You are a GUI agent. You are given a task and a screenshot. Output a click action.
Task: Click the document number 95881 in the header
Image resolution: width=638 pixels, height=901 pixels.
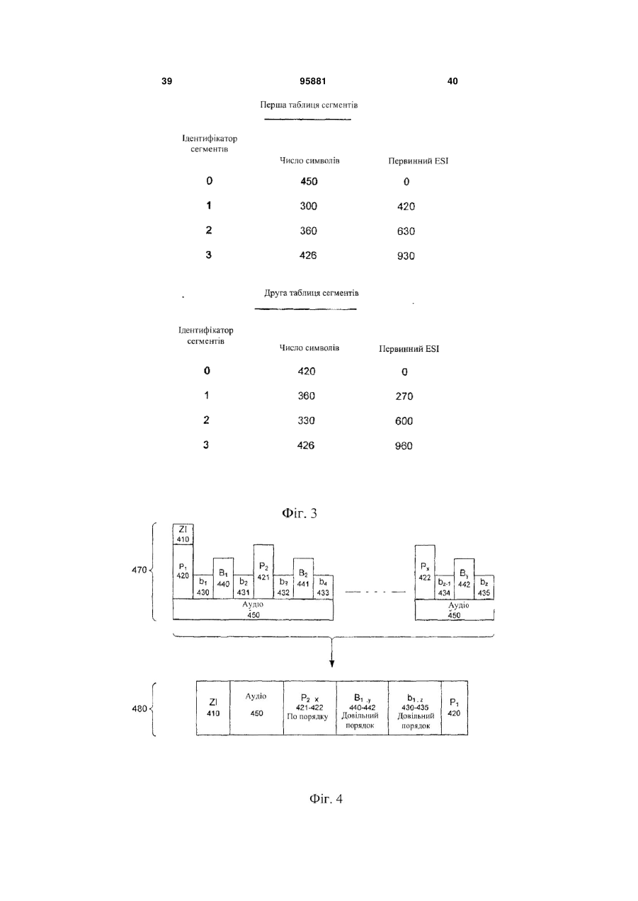point(313,81)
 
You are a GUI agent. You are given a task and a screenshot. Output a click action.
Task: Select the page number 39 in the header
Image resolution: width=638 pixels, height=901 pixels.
point(166,81)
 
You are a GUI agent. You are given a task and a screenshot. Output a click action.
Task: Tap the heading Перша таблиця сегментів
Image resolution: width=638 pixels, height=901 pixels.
point(309,105)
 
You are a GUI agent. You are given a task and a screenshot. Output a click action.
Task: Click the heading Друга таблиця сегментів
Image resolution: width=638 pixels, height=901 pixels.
point(311,293)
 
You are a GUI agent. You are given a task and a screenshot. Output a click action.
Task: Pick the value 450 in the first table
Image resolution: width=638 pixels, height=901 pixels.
point(309,181)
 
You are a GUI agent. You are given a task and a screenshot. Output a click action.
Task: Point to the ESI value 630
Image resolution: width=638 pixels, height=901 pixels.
point(406,231)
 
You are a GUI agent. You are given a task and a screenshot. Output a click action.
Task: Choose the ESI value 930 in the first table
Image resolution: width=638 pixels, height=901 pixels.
point(406,256)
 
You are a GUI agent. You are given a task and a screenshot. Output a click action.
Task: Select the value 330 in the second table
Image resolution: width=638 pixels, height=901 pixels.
point(306,420)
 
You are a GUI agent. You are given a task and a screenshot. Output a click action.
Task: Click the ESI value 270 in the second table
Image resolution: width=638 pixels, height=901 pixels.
point(404,396)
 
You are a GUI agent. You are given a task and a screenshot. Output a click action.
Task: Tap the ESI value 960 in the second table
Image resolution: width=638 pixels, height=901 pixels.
point(404,446)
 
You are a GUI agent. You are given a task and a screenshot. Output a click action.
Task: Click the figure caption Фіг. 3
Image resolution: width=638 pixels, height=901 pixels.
point(300,513)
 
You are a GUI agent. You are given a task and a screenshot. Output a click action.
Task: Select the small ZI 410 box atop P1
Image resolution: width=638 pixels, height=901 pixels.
point(183,534)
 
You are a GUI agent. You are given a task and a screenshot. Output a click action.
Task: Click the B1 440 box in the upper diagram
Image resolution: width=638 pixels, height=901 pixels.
point(223,578)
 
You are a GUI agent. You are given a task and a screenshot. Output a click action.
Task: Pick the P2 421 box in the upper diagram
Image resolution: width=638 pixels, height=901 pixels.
point(263,572)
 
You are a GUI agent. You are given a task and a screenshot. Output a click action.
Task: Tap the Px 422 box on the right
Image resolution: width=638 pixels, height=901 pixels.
point(425,572)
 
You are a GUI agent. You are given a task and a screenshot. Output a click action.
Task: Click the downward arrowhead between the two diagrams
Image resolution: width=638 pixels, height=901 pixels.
point(331,664)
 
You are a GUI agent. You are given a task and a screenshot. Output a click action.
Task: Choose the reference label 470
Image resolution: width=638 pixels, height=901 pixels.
point(139,570)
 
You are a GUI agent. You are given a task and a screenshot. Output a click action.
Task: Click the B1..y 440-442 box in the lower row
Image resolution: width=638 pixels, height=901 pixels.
point(363,708)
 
